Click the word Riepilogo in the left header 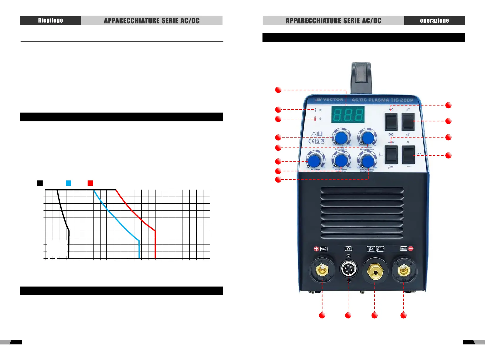click(x=50, y=21)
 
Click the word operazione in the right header click(x=434, y=21)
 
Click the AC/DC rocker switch click(x=391, y=122)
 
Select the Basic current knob click(x=341, y=160)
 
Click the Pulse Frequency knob click(x=367, y=160)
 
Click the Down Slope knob click(x=367, y=137)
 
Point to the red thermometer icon click(x=315, y=119)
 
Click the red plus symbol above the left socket click(x=316, y=249)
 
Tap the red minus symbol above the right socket click(x=411, y=249)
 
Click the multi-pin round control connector click(x=349, y=269)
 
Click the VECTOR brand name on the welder click(x=333, y=100)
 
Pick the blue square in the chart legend click(x=68, y=183)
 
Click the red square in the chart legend click(x=90, y=183)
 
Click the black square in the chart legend click(x=40, y=183)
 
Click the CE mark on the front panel click(x=311, y=141)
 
